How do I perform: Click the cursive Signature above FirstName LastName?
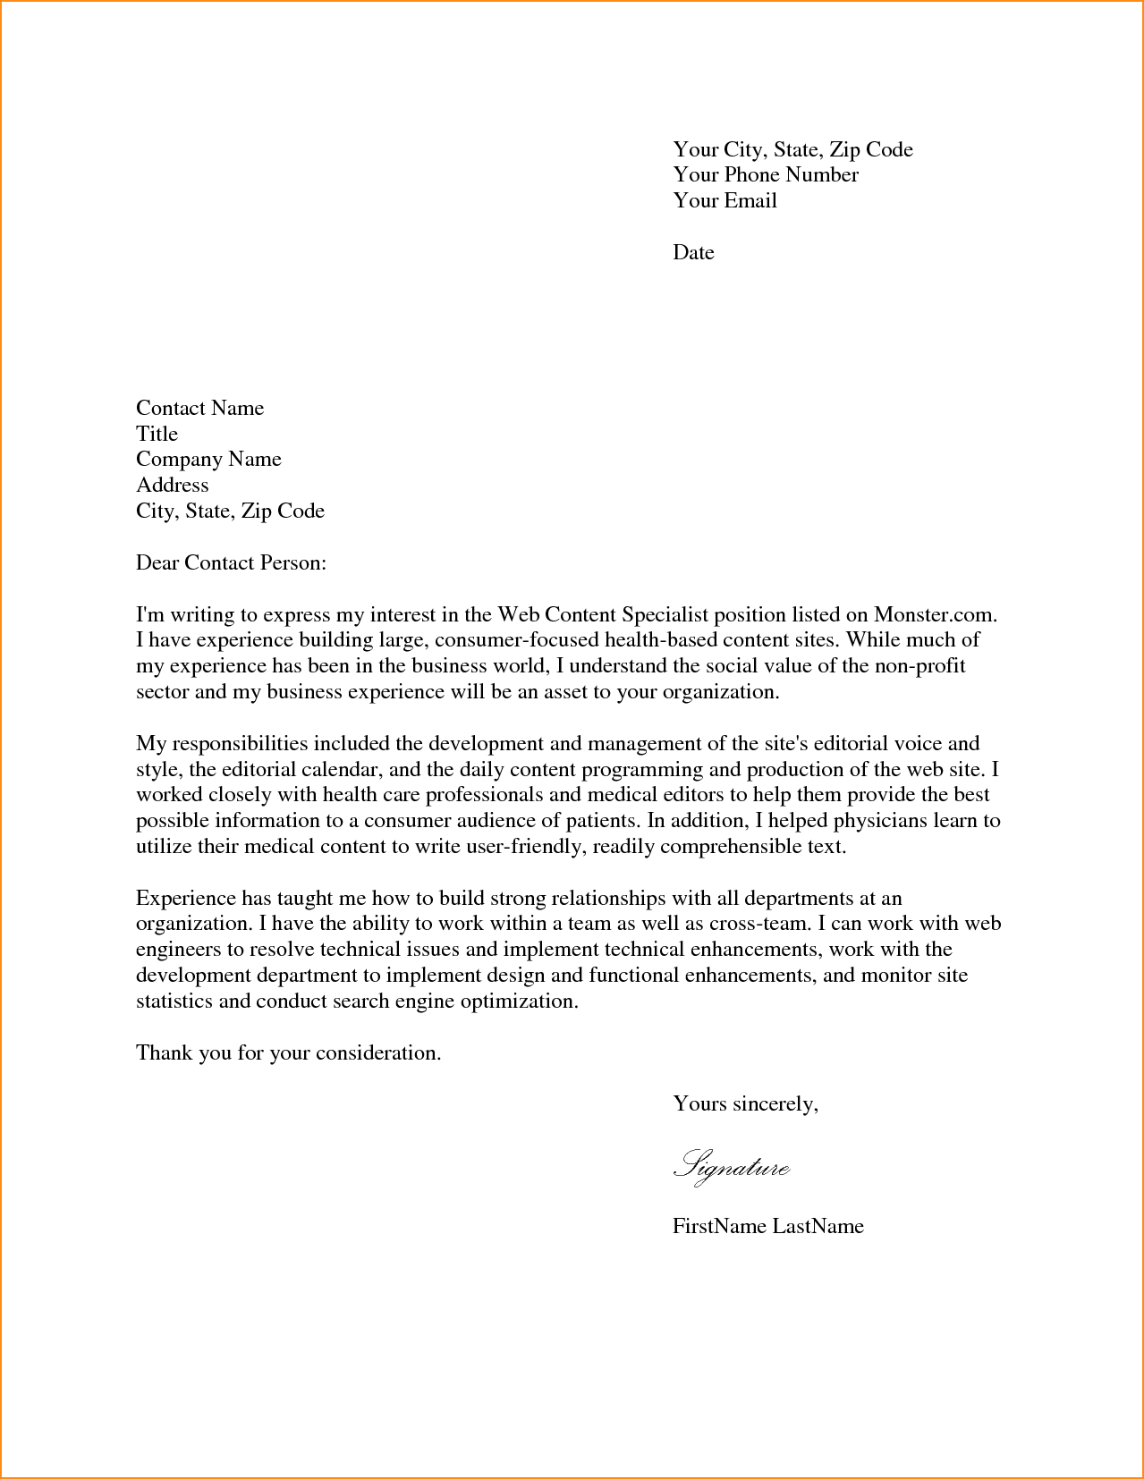coord(731,1167)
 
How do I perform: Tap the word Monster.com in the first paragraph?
coord(934,615)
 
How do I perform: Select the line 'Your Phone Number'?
coord(766,175)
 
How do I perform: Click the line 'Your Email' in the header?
coord(725,201)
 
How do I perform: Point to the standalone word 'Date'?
coord(693,253)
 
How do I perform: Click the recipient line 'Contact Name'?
coord(199,409)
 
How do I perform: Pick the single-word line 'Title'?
coord(157,435)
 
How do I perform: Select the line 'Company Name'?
coord(208,460)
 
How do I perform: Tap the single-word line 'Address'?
coord(172,486)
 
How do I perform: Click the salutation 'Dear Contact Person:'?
coord(231,563)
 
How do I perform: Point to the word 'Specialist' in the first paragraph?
coord(665,615)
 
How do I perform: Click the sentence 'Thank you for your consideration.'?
coord(288,1053)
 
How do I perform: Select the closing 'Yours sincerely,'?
coord(745,1104)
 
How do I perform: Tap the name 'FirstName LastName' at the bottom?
coord(767,1226)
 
